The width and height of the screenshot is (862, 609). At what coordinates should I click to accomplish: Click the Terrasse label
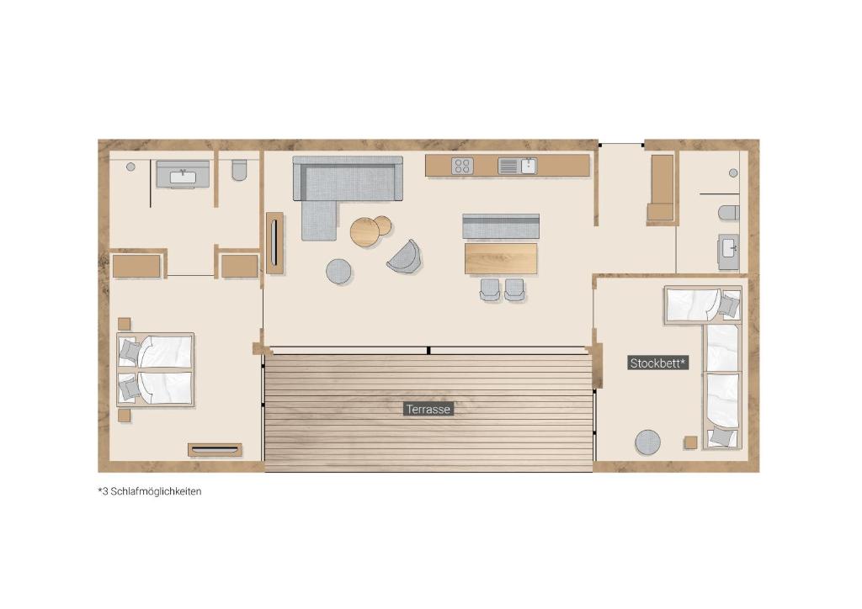click(x=428, y=409)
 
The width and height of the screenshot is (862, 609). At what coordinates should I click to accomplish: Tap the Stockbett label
click(x=658, y=363)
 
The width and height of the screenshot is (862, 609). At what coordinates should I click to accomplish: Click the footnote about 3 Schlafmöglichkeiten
click(x=150, y=491)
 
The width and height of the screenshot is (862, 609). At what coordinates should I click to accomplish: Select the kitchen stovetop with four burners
click(x=462, y=166)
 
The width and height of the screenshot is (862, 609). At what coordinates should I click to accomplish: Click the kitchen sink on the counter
click(x=517, y=166)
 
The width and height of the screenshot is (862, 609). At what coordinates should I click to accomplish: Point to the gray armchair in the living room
click(x=405, y=257)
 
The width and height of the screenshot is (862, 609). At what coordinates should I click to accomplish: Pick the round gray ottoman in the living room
click(x=338, y=272)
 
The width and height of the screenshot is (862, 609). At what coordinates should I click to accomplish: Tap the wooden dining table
click(x=501, y=258)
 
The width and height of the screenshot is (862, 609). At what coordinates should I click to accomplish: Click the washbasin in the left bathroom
click(x=183, y=175)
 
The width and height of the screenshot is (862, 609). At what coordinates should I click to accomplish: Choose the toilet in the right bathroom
click(x=729, y=213)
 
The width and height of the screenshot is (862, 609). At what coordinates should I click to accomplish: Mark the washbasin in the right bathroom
click(x=729, y=252)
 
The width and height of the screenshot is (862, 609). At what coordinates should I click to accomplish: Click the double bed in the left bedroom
click(x=155, y=369)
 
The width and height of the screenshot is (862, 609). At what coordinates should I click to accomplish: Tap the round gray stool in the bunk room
click(x=647, y=442)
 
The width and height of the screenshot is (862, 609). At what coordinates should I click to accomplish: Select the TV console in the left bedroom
click(x=215, y=450)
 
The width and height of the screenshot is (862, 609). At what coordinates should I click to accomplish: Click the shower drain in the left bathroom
click(x=130, y=167)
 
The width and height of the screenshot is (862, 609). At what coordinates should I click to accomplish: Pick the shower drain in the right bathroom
click(x=733, y=173)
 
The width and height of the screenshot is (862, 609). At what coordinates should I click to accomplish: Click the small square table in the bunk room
click(x=691, y=442)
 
